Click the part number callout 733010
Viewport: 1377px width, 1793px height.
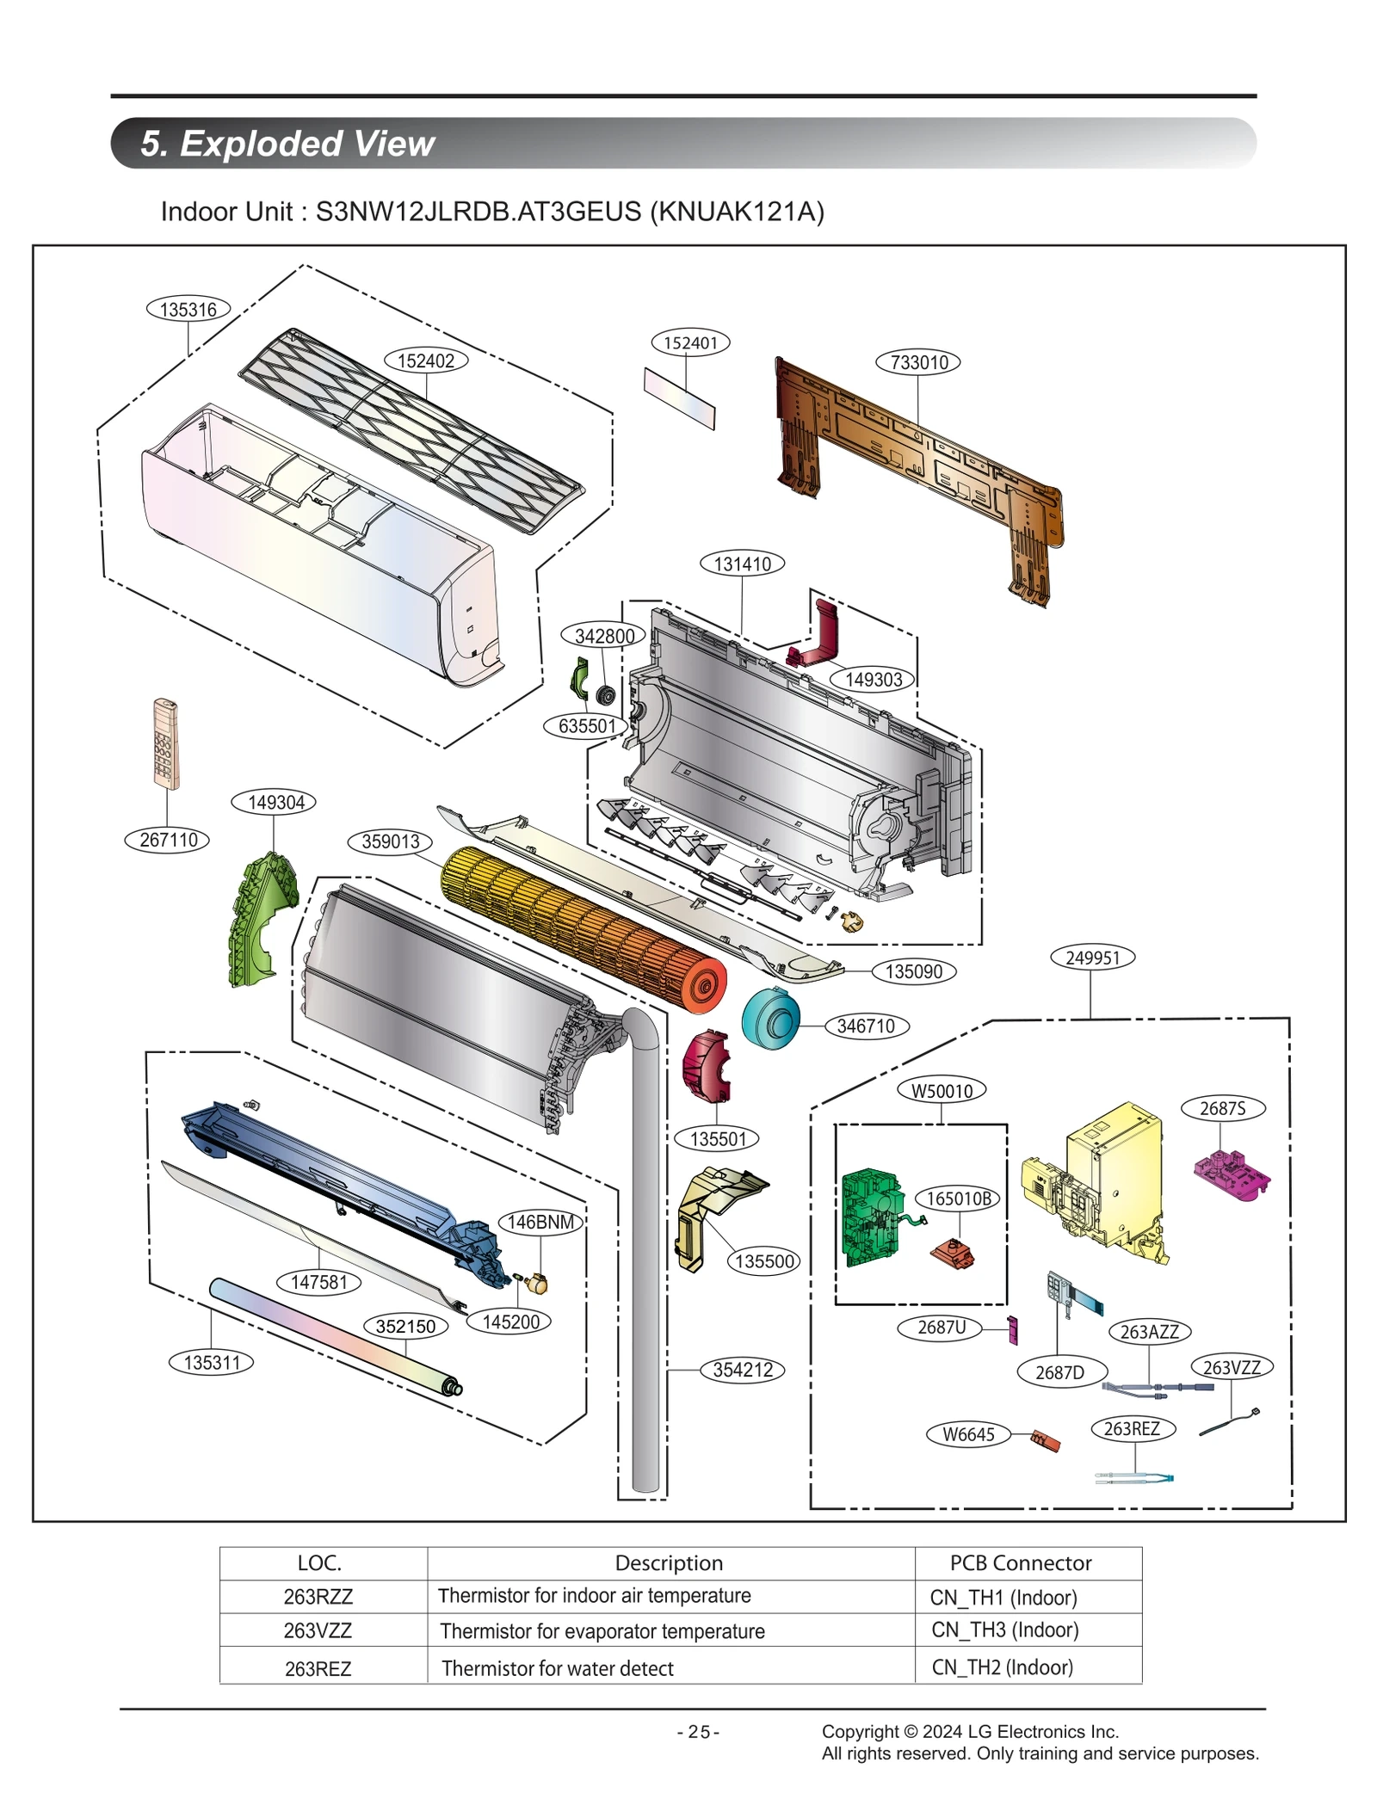917,362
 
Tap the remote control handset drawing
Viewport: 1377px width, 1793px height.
166,743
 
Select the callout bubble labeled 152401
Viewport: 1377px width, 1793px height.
690,342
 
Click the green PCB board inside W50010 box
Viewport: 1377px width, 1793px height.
870,1217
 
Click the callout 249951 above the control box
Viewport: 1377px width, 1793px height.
1092,958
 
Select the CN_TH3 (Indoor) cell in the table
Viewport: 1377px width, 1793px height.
1004,1630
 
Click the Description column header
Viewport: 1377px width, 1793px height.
669,1562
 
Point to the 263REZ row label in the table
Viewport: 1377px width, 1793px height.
318,1668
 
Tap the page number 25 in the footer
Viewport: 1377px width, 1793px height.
698,1732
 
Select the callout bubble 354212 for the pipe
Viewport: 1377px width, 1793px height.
742,1370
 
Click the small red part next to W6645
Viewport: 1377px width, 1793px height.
1046,1440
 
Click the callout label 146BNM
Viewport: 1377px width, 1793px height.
540,1222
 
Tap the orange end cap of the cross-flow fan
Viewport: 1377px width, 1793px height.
702,983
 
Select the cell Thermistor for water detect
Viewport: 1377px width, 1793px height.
557,1668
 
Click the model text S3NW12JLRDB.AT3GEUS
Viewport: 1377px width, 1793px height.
478,212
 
